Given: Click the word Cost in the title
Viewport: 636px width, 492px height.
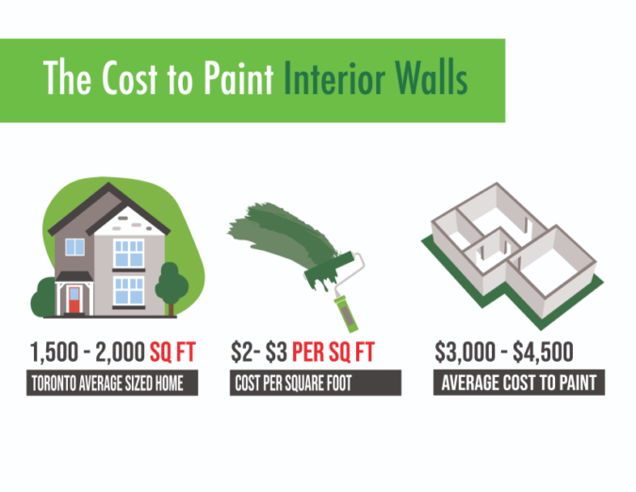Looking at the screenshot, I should pyautogui.click(x=126, y=79).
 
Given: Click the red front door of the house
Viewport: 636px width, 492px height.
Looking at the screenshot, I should pyautogui.click(x=73, y=301).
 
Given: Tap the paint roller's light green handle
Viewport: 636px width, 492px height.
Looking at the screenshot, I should pyautogui.click(x=341, y=303).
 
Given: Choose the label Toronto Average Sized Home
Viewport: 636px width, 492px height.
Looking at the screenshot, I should pyautogui.click(x=113, y=384).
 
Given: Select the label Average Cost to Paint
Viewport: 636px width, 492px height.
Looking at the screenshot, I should pyautogui.click(x=519, y=384).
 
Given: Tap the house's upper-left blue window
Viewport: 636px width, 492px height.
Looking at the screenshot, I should pyautogui.click(x=75, y=247).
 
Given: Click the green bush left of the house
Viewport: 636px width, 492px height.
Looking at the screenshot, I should pyautogui.click(x=44, y=295).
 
